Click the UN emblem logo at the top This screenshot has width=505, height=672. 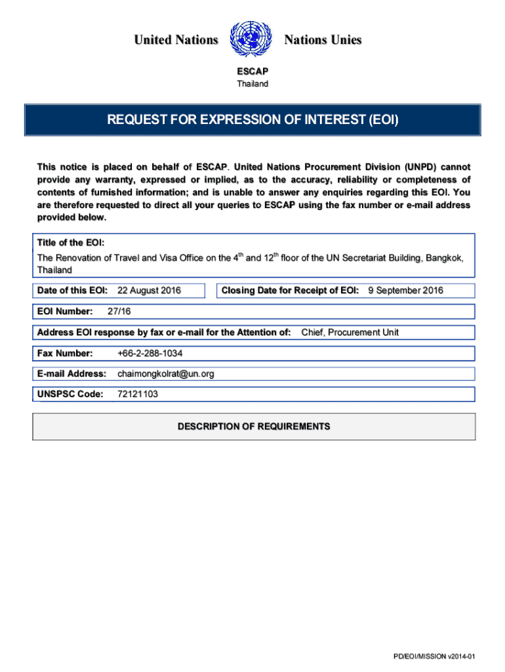point(251,39)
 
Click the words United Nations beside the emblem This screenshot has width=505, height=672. point(176,41)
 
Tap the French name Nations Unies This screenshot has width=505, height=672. point(323,41)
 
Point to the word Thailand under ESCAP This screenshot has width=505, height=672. point(253,84)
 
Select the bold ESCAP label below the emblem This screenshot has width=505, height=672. point(253,72)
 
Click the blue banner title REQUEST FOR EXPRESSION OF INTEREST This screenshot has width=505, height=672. point(253,120)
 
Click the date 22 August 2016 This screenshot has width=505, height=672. point(149,290)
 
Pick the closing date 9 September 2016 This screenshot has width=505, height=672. point(405,290)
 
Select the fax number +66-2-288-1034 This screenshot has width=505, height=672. point(150,354)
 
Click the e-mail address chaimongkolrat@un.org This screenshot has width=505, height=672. point(165,374)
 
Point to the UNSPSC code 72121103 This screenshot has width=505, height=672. point(137,394)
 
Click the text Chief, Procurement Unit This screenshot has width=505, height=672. point(350,333)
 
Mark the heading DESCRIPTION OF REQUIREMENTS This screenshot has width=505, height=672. point(254,427)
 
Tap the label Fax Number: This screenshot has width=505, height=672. point(65,354)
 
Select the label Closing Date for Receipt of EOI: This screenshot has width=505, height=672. point(290,290)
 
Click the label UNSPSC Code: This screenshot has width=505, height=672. point(70,394)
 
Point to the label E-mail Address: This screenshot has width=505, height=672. point(71,374)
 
